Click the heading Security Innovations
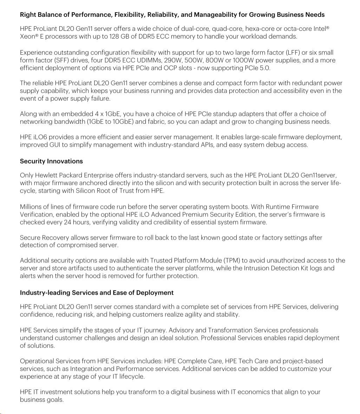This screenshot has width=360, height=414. tap(51, 161)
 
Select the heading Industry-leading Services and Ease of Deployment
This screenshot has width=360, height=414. tap(97, 293)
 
